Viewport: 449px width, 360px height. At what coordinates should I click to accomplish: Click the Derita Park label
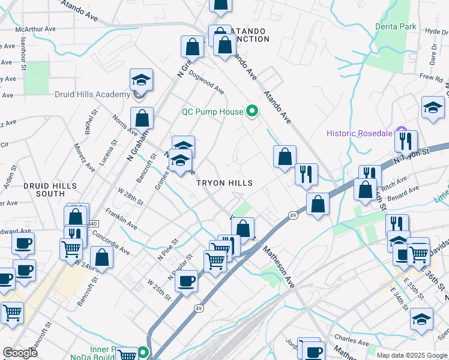(396, 27)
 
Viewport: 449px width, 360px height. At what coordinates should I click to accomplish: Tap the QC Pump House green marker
(252, 112)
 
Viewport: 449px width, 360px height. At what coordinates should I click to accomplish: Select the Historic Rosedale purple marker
(402, 133)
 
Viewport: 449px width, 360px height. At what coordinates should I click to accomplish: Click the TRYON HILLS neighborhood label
(224, 182)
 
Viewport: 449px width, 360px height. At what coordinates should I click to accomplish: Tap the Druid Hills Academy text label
(92, 94)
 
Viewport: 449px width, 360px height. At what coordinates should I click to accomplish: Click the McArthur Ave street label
(36, 28)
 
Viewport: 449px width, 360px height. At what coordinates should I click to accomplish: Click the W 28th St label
(130, 196)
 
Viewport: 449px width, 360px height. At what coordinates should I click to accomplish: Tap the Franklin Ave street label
(122, 220)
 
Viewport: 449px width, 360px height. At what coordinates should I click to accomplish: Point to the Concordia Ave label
(110, 240)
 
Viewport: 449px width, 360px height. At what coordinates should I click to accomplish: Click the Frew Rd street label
(430, 77)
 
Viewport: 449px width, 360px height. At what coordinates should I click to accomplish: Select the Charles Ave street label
(348, 341)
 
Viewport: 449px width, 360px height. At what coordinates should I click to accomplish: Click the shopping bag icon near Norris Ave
(142, 118)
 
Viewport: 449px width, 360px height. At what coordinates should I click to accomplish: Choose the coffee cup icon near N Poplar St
(186, 280)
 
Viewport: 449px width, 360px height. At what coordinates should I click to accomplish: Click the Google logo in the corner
(20, 353)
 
